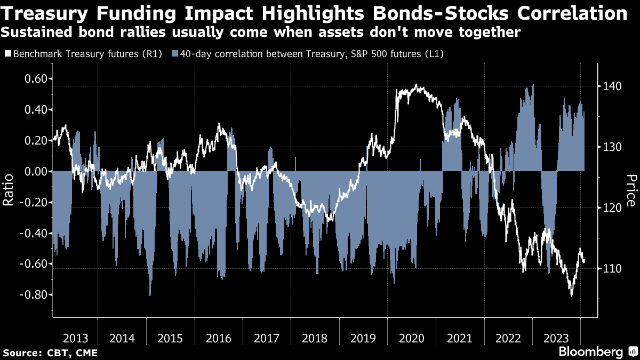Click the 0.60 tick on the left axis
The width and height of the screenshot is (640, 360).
[34, 79]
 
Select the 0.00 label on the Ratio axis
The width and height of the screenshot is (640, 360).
[34, 172]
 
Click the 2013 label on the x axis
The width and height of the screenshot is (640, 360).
[75, 338]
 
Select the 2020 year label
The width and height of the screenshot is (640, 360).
[412, 338]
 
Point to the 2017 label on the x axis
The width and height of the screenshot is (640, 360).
[267, 338]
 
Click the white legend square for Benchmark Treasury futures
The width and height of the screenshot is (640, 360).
[7, 54]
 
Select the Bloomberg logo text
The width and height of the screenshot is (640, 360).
[591, 352]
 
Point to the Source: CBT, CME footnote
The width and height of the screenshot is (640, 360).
[51, 353]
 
